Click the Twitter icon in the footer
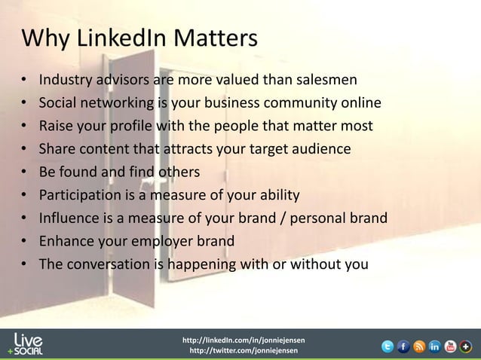click(388, 346)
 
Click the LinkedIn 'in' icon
click(435, 346)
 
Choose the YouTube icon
click(451, 346)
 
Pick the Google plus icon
click(467, 346)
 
